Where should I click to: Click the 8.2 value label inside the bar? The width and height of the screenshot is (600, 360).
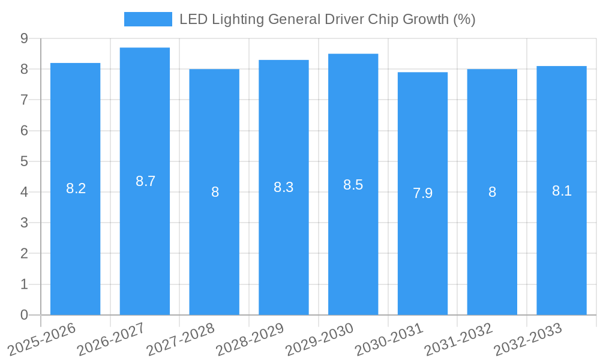pos(76,188)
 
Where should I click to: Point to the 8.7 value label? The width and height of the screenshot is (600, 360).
pos(145,181)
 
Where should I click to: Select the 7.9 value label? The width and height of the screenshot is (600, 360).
pos(422,193)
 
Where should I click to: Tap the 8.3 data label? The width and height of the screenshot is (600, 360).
pos(283,187)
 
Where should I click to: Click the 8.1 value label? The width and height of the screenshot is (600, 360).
pos(562,191)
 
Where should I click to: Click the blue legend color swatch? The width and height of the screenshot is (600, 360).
pos(148,19)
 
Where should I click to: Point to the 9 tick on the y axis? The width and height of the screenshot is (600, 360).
pos(24,38)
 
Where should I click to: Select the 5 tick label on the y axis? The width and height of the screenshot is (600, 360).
pos(24,161)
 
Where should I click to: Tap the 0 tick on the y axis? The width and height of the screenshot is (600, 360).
pos(24,315)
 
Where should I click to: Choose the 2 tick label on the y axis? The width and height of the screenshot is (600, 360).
pos(24,254)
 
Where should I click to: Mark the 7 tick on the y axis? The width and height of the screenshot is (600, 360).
pos(24,100)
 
